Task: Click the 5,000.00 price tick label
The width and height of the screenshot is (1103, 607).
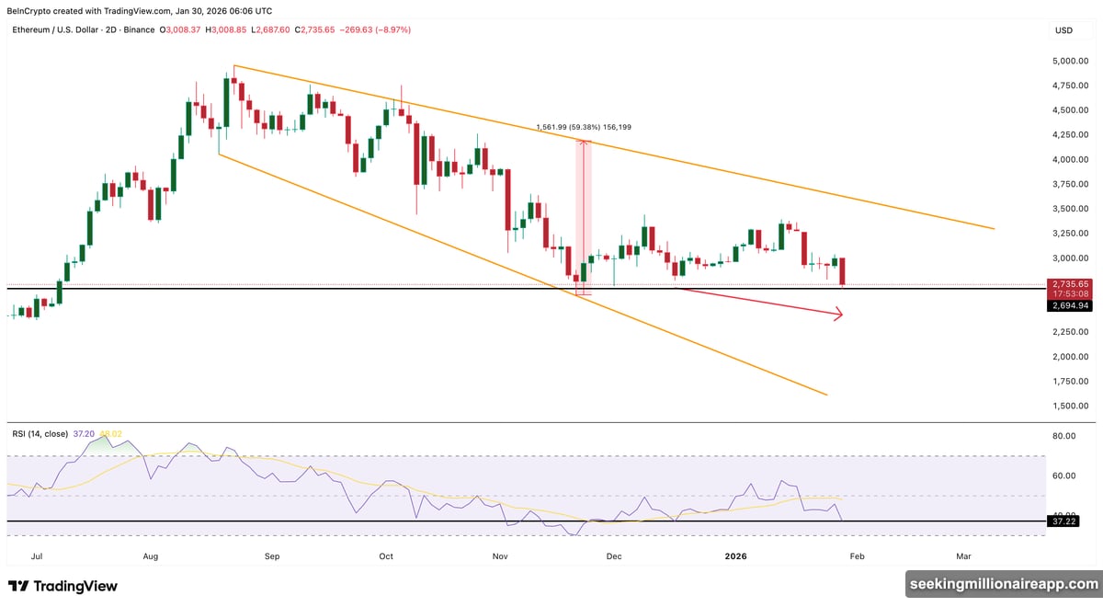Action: pyautogui.click(x=1070, y=61)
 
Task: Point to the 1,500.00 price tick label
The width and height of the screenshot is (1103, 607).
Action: pyautogui.click(x=1070, y=406)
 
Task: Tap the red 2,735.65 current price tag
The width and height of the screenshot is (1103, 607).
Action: pyautogui.click(x=1070, y=285)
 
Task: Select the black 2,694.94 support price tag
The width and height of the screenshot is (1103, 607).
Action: pyautogui.click(x=1070, y=305)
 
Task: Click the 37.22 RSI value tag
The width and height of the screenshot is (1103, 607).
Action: pyautogui.click(x=1070, y=521)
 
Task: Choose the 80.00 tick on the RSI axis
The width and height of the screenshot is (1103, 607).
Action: pyautogui.click(x=1064, y=436)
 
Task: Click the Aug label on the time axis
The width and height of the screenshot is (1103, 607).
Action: pyautogui.click(x=152, y=556)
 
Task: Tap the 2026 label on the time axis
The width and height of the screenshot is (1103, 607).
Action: pyautogui.click(x=735, y=556)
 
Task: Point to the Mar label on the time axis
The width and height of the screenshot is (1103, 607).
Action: pyautogui.click(x=963, y=556)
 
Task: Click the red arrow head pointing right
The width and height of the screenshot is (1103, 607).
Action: pyautogui.click(x=838, y=315)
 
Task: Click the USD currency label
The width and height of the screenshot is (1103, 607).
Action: pyautogui.click(x=1063, y=30)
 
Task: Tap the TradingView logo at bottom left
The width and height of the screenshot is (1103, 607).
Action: pyautogui.click(x=63, y=586)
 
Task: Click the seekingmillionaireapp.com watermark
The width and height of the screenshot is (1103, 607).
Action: pyautogui.click(x=1002, y=583)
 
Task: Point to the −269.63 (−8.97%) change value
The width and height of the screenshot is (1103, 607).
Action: pyautogui.click(x=376, y=30)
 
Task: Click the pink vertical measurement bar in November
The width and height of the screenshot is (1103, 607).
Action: pyautogui.click(x=583, y=216)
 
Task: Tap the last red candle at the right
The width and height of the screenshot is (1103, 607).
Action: pyautogui.click(x=842, y=272)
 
